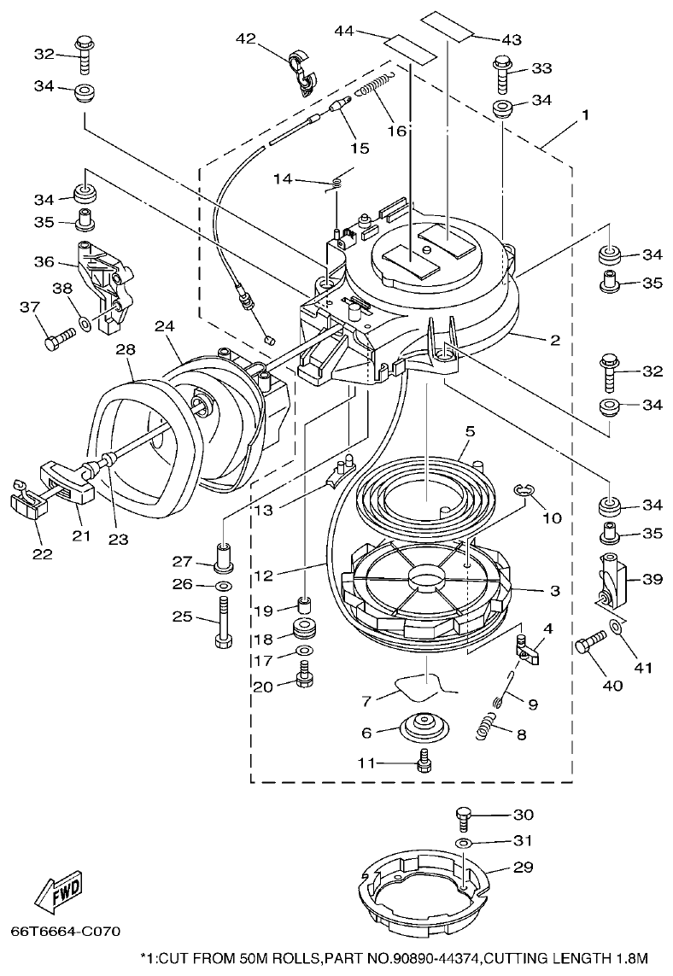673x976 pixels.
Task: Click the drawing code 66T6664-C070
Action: click(66, 930)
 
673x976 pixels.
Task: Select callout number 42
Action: click(245, 38)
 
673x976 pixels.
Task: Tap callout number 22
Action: click(42, 553)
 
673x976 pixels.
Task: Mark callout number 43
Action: click(511, 40)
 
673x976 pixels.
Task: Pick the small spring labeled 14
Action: click(337, 180)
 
